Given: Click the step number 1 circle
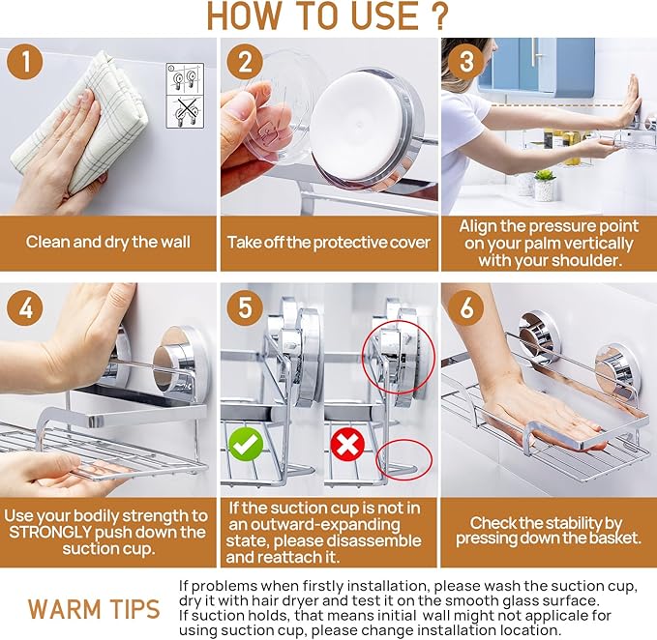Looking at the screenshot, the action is click(25, 62).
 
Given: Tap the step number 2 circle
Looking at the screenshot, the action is click(245, 62).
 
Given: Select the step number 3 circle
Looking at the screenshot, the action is click(466, 62).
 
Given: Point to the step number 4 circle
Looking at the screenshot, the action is click(25, 307).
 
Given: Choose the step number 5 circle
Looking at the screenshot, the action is click(245, 307).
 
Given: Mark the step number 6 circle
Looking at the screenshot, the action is click(466, 307).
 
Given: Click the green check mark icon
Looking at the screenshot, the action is click(246, 444).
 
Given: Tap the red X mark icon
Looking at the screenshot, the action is click(347, 444).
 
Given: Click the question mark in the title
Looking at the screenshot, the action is click(439, 15).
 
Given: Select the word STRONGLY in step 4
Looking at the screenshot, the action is click(50, 533).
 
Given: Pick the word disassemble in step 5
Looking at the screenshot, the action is click(373, 540).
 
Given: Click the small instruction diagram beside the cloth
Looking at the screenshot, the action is click(185, 96).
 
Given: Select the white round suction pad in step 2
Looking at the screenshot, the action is click(356, 126).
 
